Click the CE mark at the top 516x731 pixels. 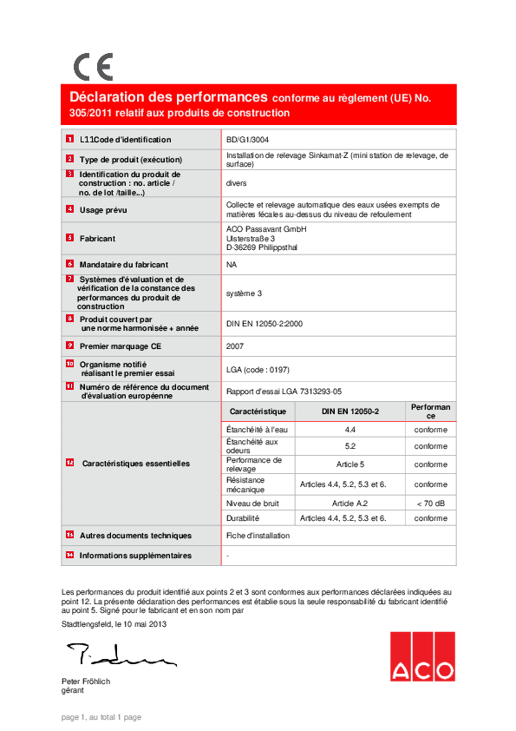pos(93,67)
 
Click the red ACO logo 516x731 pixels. pos(421,656)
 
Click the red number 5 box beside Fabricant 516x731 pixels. pos(69,237)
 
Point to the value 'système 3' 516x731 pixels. pos(244,293)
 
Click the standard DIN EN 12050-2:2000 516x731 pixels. pos(264,324)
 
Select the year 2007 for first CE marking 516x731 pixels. pos(234,346)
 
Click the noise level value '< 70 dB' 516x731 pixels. pos(430,503)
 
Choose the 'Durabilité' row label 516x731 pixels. pos(243,518)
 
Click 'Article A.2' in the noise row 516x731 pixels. pos(350,503)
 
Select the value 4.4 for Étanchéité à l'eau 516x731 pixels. pos(350,430)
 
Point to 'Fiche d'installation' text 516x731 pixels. pos(258,536)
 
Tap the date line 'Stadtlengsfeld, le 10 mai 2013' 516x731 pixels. pos(114,624)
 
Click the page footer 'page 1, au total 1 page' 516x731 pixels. pos(101,717)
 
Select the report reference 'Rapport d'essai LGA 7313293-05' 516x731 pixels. pos(284,391)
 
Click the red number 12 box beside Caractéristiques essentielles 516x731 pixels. pos(69,464)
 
